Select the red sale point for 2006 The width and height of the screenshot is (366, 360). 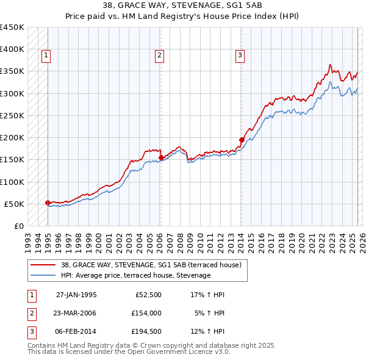tap(161, 157)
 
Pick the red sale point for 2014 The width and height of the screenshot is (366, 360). tap(242, 140)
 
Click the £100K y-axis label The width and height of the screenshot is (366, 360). tap(12, 182)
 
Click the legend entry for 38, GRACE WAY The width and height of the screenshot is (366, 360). tap(151, 265)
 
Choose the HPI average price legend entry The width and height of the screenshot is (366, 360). tap(135, 275)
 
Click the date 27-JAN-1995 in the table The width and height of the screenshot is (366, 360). tap(76, 295)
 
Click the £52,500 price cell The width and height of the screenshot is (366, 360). tap(147, 295)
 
